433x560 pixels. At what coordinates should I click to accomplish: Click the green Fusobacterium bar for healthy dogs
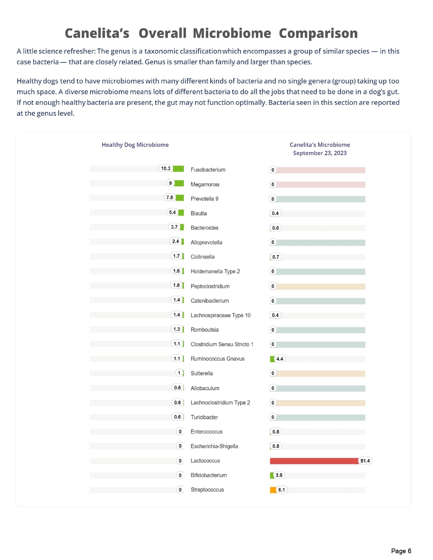point(178,169)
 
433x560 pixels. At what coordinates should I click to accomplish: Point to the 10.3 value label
point(166,169)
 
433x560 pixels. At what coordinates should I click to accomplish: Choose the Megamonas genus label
point(205,185)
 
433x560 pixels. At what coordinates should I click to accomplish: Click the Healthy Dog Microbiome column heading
point(135,145)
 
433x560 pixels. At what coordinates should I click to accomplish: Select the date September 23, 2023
point(320,153)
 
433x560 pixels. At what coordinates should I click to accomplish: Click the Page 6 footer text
point(401,551)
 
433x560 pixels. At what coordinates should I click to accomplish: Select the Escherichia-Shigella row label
point(214,446)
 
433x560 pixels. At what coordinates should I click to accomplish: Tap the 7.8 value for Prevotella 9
point(169,198)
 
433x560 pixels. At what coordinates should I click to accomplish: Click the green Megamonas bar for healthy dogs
point(179,183)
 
